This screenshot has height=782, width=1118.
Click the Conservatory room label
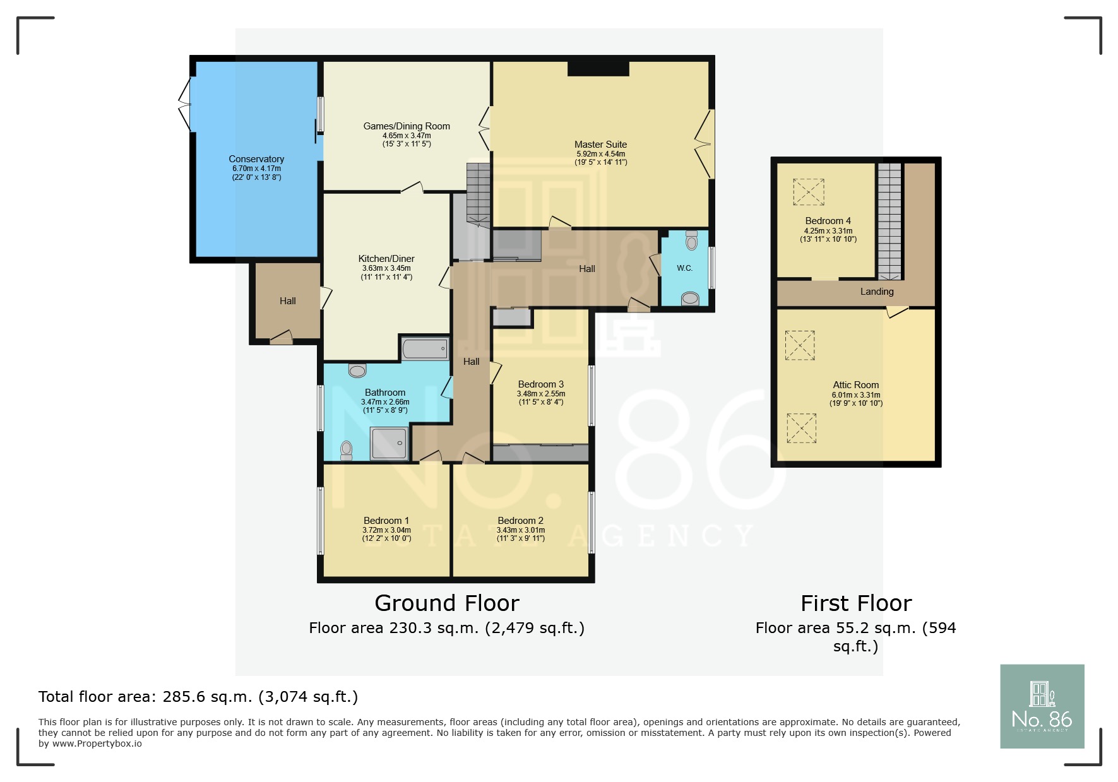pos(256,159)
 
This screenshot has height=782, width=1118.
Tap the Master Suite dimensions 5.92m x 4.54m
pos(600,154)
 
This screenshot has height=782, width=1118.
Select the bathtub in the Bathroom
pos(425,348)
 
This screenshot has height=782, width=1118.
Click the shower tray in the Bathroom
pos(390,444)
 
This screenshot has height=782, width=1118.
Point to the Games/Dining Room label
pos(407,126)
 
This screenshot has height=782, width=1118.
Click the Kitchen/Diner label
pos(386,259)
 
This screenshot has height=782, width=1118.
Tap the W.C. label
pos(684,268)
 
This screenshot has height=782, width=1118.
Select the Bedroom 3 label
pos(540,384)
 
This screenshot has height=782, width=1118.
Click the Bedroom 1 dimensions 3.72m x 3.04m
pos(386,530)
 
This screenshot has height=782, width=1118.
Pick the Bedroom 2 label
pos(520,521)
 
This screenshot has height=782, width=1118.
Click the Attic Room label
pos(855,385)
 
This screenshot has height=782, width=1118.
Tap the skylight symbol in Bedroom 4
pos(809,192)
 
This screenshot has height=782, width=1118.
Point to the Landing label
pos(876,292)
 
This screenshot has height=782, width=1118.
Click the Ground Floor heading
pos(446,603)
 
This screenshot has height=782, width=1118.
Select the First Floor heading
pos(855,603)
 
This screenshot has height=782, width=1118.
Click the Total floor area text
pos(198,697)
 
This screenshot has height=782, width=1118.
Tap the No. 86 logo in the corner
pos(1042,706)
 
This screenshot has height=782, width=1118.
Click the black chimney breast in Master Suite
pos(598,68)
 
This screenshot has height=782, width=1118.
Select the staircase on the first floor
pos(889,221)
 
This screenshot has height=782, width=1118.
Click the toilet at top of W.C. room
pos(691,241)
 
